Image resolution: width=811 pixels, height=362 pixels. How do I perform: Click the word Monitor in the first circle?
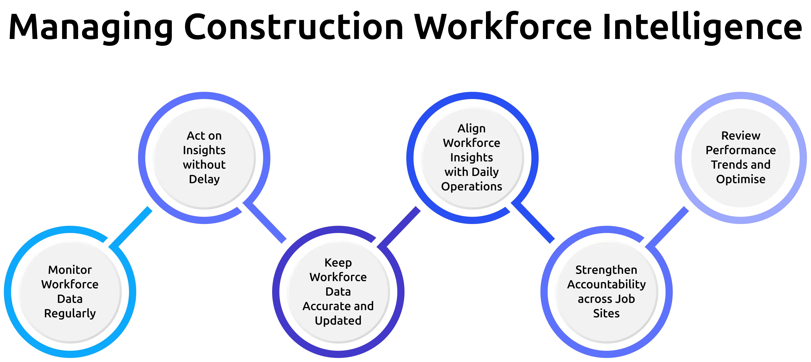(70, 270)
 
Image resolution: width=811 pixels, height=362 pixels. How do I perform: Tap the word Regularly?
(70, 313)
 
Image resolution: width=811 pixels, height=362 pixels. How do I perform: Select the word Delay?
(204, 179)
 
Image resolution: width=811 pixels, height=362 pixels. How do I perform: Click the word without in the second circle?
(204, 165)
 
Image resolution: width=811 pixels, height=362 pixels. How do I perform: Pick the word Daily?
(485, 172)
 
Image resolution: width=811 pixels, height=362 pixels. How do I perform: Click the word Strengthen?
(606, 270)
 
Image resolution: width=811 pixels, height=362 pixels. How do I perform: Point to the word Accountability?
(606, 284)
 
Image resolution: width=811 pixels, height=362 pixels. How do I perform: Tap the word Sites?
(606, 313)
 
